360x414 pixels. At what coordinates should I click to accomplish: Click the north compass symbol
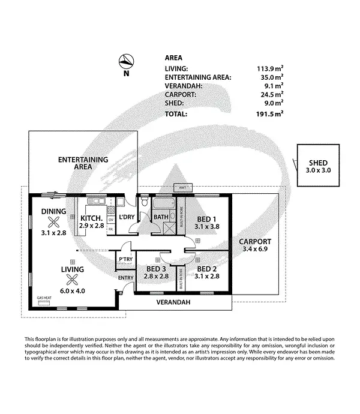125,61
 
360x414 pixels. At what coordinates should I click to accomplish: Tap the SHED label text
318,163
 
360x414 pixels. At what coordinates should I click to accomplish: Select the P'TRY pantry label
125,259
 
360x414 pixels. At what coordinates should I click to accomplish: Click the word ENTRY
126,278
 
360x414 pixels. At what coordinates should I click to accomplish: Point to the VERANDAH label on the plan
173,303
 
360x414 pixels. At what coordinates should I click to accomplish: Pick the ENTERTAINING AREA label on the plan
83,163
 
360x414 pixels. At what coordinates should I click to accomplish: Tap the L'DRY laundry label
127,217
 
